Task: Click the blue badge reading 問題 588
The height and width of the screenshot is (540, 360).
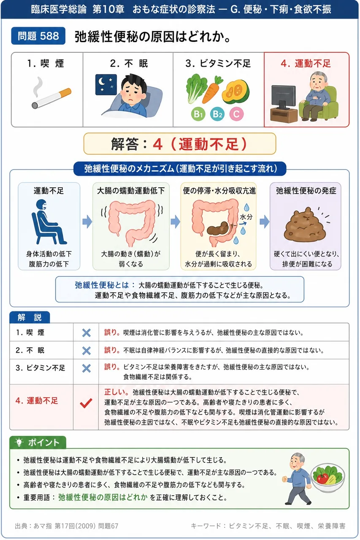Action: [x=38, y=36]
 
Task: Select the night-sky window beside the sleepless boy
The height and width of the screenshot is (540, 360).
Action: [x=106, y=85]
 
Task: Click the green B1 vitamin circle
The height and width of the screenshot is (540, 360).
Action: [x=198, y=114]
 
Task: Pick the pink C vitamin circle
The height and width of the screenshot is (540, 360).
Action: [x=236, y=114]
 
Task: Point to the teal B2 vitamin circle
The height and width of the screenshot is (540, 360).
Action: [x=217, y=114]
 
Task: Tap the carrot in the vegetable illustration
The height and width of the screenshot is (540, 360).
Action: [x=212, y=89]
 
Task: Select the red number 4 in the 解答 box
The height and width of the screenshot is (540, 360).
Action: [x=158, y=144]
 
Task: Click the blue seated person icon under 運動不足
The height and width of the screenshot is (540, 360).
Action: [x=48, y=222]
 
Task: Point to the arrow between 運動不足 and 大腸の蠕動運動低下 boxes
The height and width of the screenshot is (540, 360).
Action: [x=87, y=221]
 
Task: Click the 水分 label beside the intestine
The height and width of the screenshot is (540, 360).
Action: [x=246, y=217]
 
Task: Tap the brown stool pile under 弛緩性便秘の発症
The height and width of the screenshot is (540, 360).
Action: [x=305, y=224]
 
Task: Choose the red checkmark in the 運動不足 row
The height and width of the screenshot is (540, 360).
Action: [x=86, y=403]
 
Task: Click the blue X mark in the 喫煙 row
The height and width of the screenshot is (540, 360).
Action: [x=87, y=333]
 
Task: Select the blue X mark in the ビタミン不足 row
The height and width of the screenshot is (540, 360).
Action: [x=87, y=368]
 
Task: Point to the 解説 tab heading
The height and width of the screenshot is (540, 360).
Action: [x=30, y=317]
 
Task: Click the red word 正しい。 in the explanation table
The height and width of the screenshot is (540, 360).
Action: [x=116, y=392]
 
